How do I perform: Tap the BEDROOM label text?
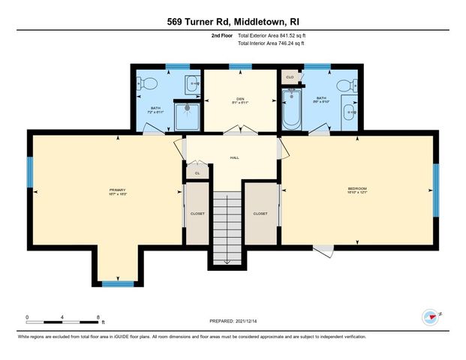pyautogui.click(x=356, y=187)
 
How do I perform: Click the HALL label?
pyautogui.click(x=234, y=158)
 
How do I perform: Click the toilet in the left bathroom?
pyautogui.click(x=147, y=83)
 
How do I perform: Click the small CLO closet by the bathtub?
pyautogui.click(x=290, y=76)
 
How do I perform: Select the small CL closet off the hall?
pyautogui.click(x=197, y=172)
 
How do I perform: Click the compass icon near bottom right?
pyautogui.click(x=430, y=315)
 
